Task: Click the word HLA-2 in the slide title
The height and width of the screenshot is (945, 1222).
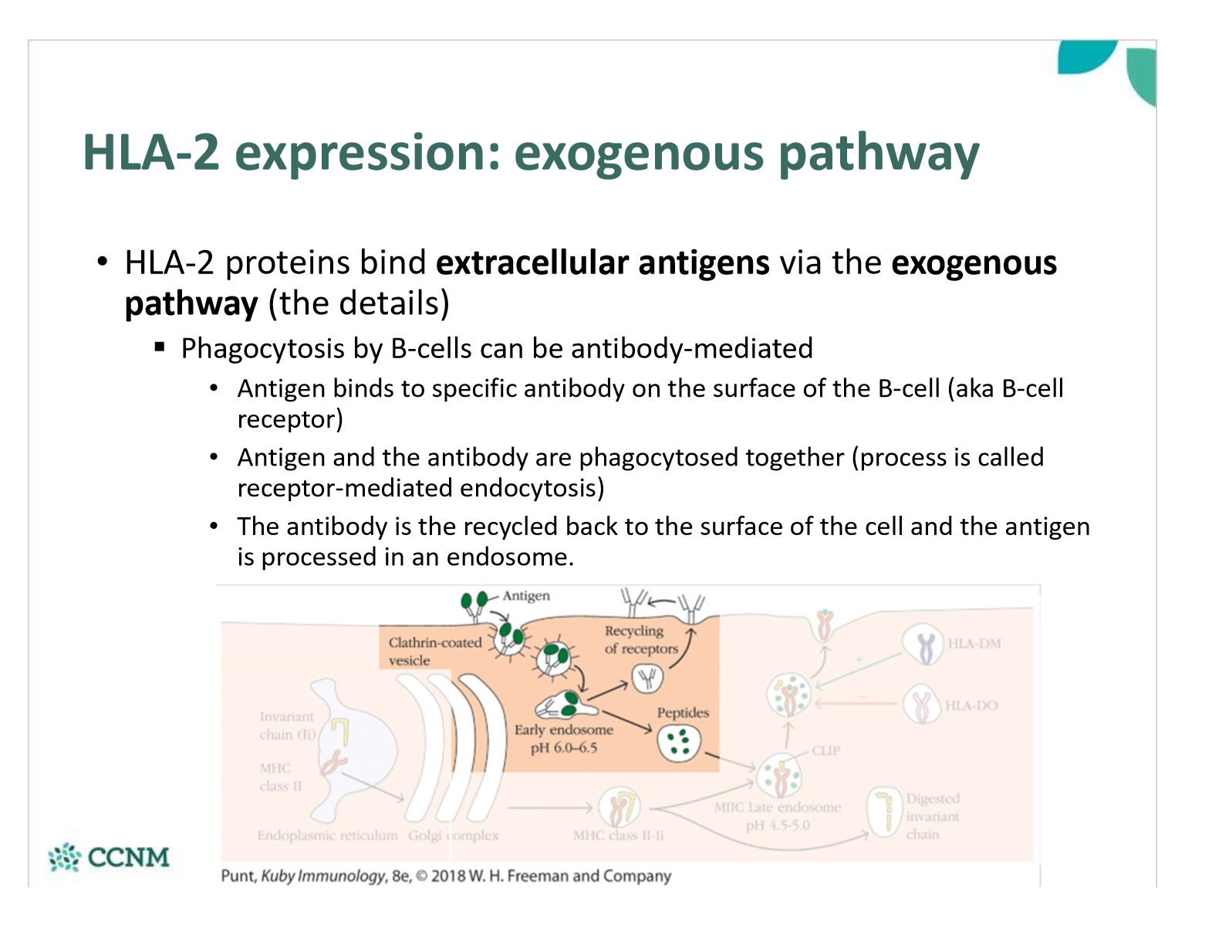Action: pyautogui.click(x=150, y=152)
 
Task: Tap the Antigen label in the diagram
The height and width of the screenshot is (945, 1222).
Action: pyautogui.click(x=526, y=596)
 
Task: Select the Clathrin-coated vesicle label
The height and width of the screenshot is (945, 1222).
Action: pyautogui.click(x=434, y=651)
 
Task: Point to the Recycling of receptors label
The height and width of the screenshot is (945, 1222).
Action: pyautogui.click(x=640, y=640)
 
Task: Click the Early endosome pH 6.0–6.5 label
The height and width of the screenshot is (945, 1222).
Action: pyautogui.click(x=563, y=738)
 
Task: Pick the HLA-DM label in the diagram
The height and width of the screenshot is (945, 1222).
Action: pyautogui.click(x=974, y=644)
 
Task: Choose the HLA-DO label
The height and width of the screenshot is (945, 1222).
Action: pyautogui.click(x=971, y=706)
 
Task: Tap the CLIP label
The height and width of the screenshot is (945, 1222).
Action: pyautogui.click(x=825, y=750)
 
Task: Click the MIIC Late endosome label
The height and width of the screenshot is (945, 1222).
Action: pyautogui.click(x=777, y=815)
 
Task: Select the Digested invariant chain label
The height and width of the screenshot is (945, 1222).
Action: pyautogui.click(x=932, y=816)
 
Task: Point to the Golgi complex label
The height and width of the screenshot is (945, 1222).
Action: pyautogui.click(x=453, y=835)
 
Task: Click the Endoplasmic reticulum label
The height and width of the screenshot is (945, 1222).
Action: pyautogui.click(x=327, y=835)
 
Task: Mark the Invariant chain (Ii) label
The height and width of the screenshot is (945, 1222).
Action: pyautogui.click(x=286, y=726)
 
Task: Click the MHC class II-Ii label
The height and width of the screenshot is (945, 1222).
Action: pyautogui.click(x=618, y=835)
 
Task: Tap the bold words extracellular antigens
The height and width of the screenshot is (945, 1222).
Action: pyautogui.click(x=603, y=263)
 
